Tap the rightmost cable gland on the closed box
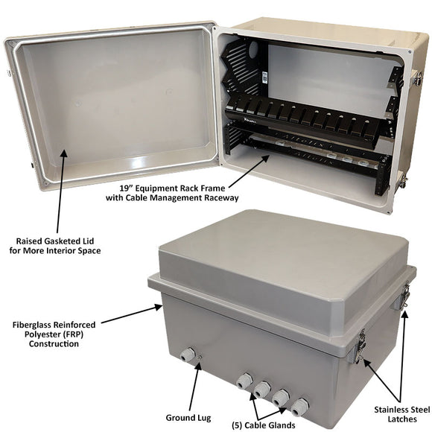(x=299, y=407)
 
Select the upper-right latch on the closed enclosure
(x=405, y=296)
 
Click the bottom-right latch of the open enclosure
(x=400, y=180)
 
